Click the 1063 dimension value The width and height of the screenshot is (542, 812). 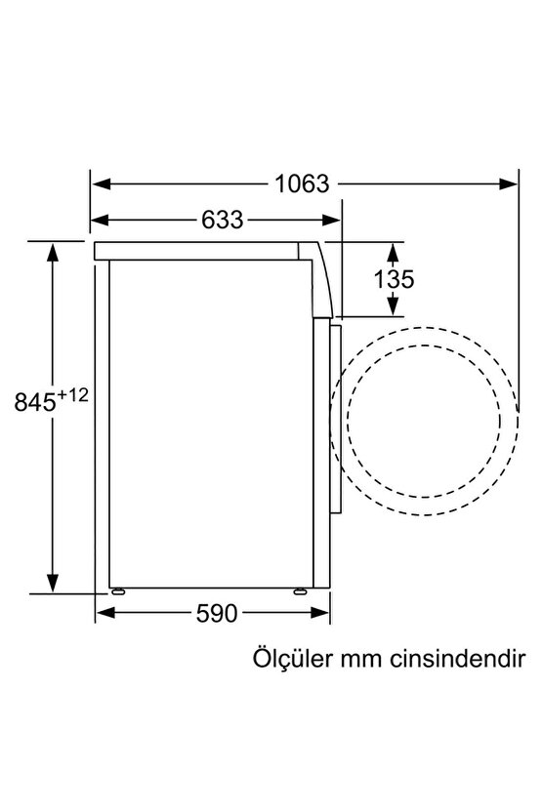pos(302,183)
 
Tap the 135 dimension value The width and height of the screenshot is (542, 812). pos(395,278)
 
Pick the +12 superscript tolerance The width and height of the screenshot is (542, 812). pos(79,395)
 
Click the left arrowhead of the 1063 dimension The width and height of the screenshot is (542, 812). pos(99,183)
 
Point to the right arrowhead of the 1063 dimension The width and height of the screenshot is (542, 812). pos(510,183)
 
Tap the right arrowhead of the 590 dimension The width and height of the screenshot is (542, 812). pos(322,614)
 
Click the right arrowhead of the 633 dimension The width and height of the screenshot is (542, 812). pos(334,220)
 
